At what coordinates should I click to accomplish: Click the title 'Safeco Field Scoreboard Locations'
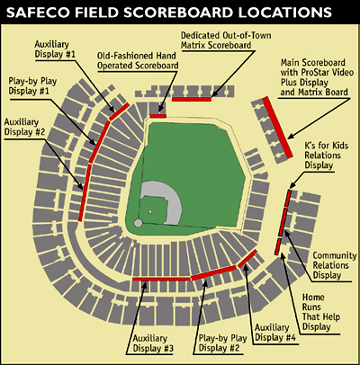[180, 15]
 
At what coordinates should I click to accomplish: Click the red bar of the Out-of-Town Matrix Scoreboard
[192, 99]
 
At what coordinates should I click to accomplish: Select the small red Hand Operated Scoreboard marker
[157, 115]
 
